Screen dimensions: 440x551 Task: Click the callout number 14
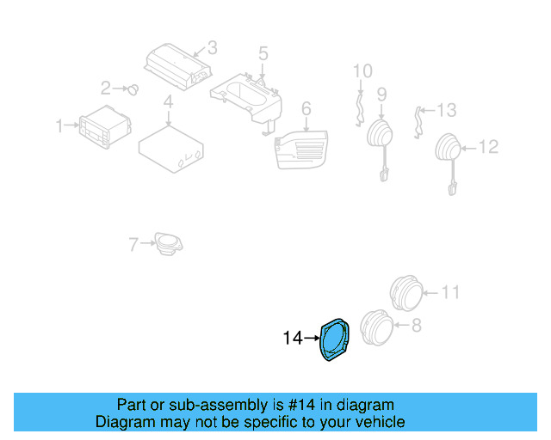pos(292,339)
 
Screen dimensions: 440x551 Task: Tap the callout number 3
pos(212,47)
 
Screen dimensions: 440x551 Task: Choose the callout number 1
pos(60,126)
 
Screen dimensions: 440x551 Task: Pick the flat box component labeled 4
pos(170,147)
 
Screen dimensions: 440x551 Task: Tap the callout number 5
pos(263,53)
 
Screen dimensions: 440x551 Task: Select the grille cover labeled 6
pos(301,150)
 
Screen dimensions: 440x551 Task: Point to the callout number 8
pos(416,325)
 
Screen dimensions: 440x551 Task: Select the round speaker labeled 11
pos(405,294)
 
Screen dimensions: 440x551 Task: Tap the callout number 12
pos(488,147)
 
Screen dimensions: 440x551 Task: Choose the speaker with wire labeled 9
pos(380,137)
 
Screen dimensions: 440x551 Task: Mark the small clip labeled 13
pos(419,121)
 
